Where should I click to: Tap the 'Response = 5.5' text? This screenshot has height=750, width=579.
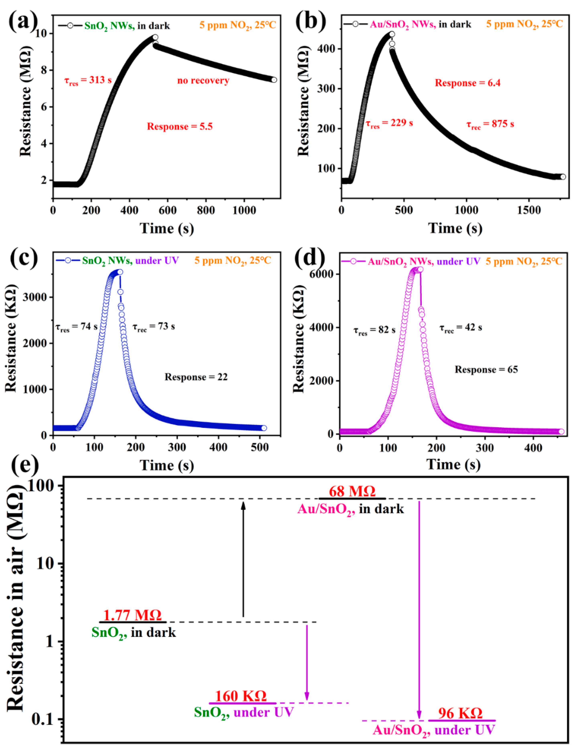tap(180, 126)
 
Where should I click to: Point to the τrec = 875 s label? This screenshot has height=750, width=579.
tap(490, 124)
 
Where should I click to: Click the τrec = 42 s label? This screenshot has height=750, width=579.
tap(461, 328)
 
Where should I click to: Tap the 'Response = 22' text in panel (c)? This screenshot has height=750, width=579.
tap(196, 377)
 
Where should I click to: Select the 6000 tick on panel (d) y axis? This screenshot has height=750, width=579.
tap(321, 274)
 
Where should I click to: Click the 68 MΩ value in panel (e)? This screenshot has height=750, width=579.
tap(352, 492)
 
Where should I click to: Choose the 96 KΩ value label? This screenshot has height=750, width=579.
tap(460, 713)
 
